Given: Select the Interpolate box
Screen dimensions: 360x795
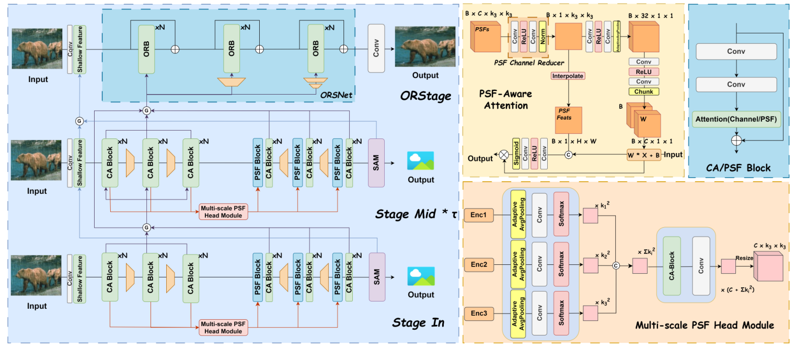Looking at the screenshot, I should point(568,76).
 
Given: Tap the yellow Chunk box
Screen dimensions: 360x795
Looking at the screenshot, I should point(643,91).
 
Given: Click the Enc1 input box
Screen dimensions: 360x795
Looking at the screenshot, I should point(478,214).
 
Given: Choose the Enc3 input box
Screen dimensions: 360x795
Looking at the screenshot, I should point(478,313).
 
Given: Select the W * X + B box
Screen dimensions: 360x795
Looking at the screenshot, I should point(643,155).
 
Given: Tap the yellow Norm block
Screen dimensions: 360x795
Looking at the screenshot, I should point(543,37).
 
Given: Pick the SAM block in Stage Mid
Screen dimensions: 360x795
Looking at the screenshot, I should point(376,162).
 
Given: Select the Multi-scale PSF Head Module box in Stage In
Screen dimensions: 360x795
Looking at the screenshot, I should point(223,327).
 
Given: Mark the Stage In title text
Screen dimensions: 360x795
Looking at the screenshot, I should point(418,323).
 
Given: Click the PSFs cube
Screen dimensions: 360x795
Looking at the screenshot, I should point(486,37).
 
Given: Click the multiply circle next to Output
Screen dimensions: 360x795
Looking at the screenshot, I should point(504,155).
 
